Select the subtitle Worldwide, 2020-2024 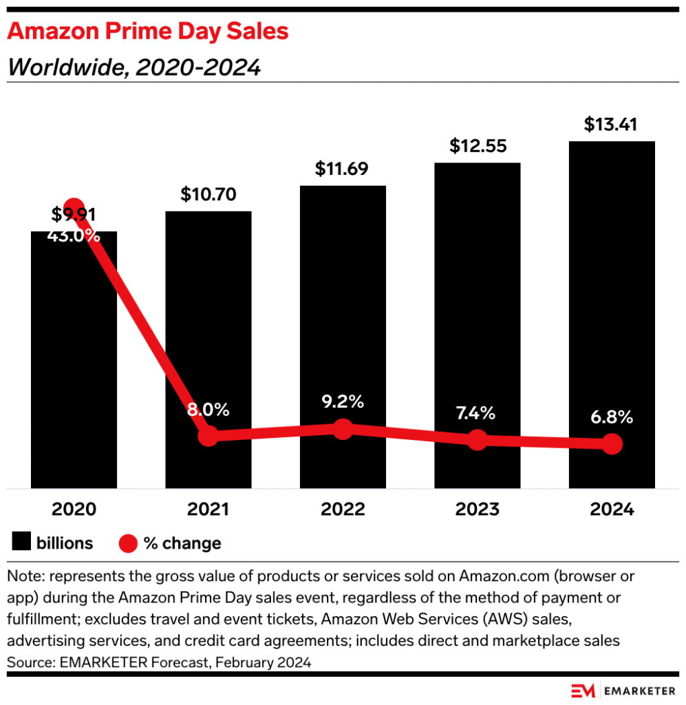click(134, 67)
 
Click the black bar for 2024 click(612, 289)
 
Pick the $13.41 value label click(612, 125)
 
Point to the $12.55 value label click(477, 146)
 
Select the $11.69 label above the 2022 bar click(343, 169)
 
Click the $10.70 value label click(208, 194)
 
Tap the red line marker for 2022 click(343, 430)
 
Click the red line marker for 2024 click(612, 444)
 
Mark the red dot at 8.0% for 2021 click(208, 436)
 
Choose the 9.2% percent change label click(343, 401)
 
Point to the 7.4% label click(477, 413)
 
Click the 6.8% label click(612, 417)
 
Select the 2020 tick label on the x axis click(74, 509)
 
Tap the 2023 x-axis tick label click(477, 509)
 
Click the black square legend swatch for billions click(22, 543)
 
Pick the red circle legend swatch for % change click(129, 544)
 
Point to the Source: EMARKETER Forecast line click(159, 663)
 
